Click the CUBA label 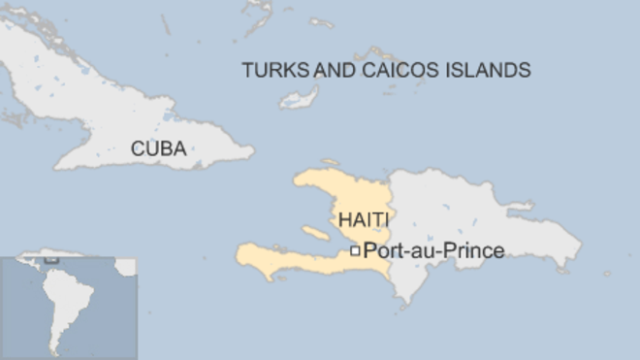tap(159, 149)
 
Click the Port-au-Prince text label tap(433, 251)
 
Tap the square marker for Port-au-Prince tap(355, 251)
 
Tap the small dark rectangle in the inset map tap(49, 260)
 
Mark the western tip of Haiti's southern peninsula tap(239, 255)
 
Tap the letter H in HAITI tap(344, 219)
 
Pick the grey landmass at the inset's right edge tap(127, 267)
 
